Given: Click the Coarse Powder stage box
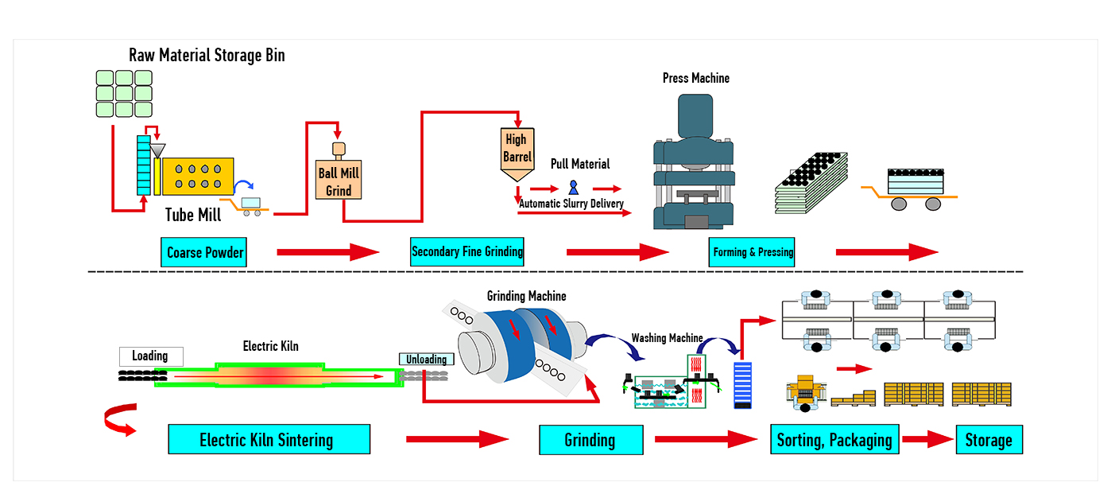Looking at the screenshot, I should pos(205,253).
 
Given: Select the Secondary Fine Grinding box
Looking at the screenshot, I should pos(467,252).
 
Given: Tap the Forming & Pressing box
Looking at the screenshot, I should pos(753,252).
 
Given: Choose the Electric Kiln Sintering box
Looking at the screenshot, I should pos(269,439).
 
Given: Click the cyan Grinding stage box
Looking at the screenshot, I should pos(590,440).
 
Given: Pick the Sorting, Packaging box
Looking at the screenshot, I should pos(834,440).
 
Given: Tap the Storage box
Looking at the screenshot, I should pos(989,440).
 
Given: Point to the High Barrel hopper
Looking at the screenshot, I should pos(517,148).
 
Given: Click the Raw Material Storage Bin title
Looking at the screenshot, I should pos(207,55).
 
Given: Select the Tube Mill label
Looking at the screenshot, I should pos(193,215).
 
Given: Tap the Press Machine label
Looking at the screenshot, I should pos(695,78).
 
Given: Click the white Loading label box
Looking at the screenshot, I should pos(150,356).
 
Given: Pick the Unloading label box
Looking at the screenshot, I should pos(427,360).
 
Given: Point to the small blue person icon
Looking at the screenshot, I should pos(573,188).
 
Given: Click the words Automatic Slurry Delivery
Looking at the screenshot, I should pos(571,204).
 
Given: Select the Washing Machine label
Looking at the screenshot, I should pos(667,338).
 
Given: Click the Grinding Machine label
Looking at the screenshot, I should pos(526,297).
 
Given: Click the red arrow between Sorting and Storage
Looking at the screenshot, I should pos(927,440).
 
